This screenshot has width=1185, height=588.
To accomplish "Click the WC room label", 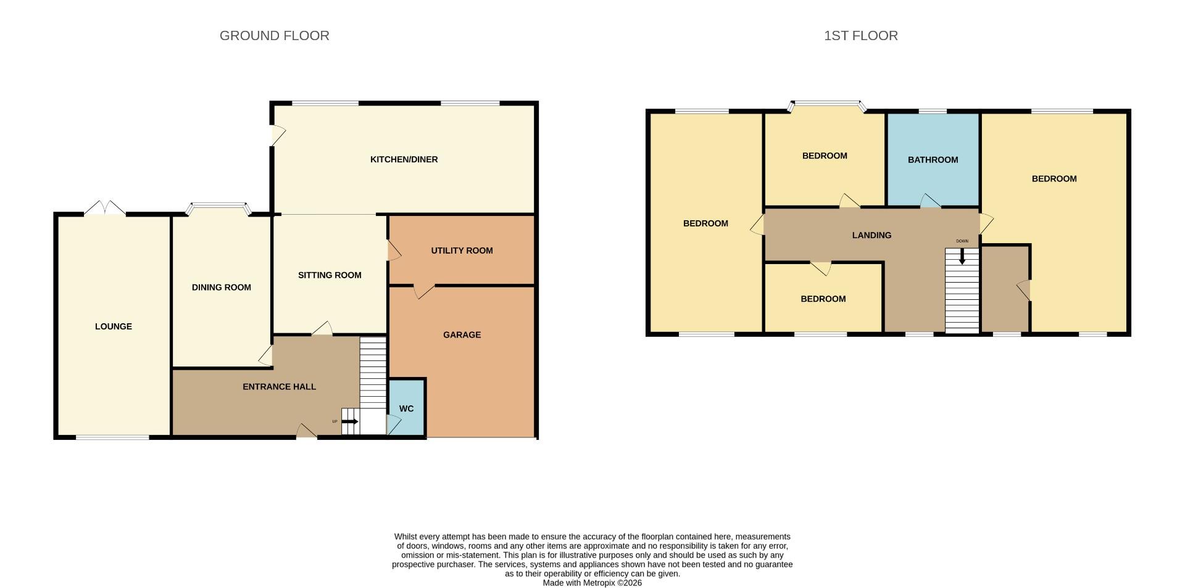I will click(x=406, y=408).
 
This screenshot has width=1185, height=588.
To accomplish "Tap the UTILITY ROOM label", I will click(x=462, y=251).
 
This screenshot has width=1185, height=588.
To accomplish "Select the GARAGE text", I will click(x=462, y=334).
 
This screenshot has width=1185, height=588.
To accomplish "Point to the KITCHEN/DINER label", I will click(x=404, y=159).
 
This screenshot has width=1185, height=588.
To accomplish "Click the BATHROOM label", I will click(x=933, y=160).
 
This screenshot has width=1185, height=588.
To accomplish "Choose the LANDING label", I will click(x=871, y=235).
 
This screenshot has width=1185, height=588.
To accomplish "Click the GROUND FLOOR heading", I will click(x=274, y=36).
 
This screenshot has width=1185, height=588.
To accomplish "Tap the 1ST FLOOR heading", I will click(x=860, y=36).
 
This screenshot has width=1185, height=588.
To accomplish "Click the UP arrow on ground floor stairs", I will click(x=350, y=421).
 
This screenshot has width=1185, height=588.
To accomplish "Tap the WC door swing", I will click(x=393, y=424).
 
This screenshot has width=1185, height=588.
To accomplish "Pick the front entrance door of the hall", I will click(x=307, y=431).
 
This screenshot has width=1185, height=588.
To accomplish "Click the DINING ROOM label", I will click(x=221, y=287).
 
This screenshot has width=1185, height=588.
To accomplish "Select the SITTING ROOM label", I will click(x=330, y=275).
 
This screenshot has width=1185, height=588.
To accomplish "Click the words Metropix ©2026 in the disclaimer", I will click(x=613, y=582).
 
